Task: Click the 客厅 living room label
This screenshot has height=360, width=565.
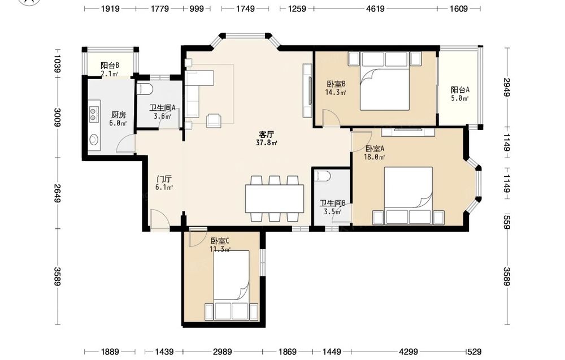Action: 266,135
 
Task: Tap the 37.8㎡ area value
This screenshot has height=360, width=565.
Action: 266,143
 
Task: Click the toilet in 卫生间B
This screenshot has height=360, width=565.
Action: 322,176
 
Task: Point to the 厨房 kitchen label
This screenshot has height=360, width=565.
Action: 119,115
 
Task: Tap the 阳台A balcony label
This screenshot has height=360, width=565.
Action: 460,90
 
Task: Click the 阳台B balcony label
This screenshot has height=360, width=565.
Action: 110,66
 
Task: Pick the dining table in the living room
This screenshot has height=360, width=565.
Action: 274,198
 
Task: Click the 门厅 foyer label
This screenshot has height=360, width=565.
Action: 164,179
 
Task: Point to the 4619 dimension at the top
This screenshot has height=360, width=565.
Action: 375,8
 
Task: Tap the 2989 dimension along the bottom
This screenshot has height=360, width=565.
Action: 222,352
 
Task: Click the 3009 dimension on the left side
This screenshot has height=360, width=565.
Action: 57,118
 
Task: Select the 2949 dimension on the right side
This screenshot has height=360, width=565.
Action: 507,87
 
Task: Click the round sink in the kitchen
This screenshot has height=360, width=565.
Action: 94,140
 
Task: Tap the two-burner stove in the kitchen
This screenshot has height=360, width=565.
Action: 93,114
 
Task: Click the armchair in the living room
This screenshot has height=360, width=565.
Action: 214,120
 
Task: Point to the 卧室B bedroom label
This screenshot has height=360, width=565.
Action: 336,84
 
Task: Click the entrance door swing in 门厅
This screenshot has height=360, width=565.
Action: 159,219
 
